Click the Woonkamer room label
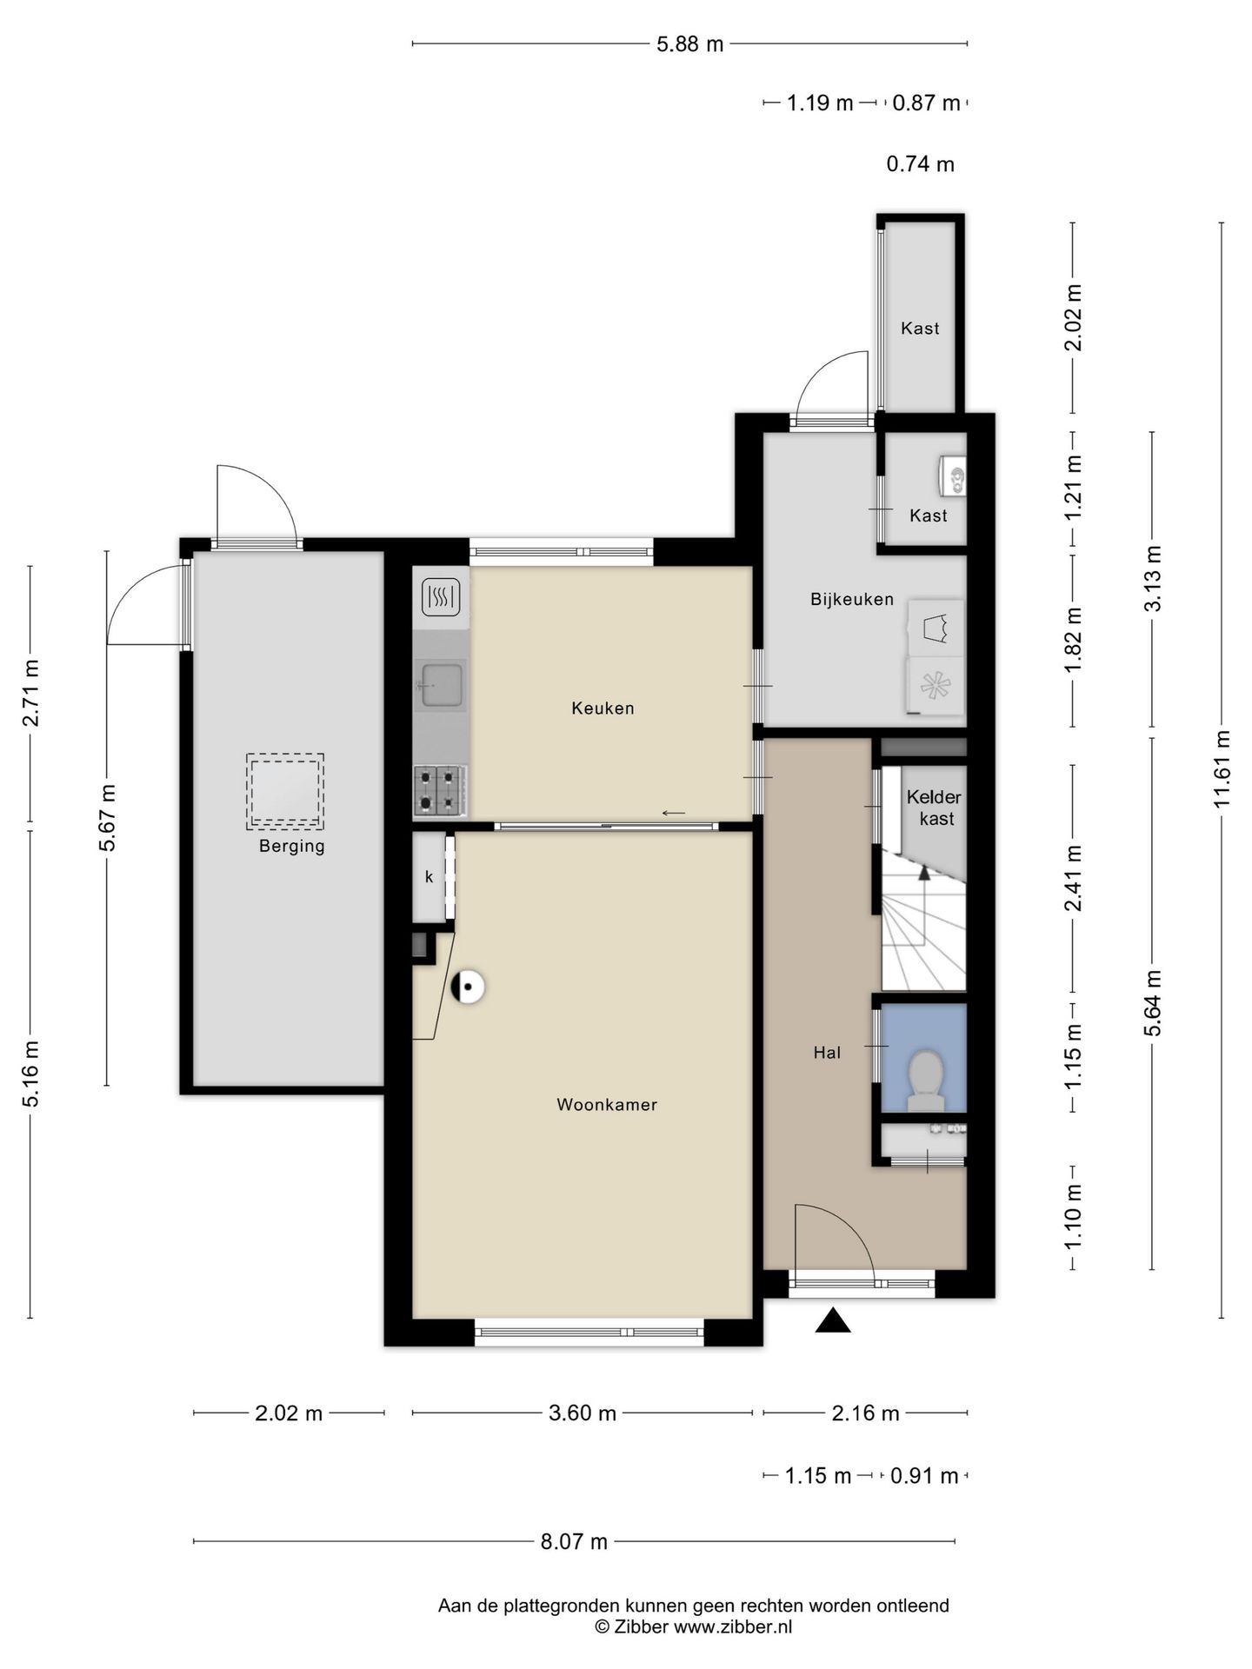(x=606, y=1105)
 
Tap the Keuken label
(x=603, y=708)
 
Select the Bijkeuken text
(x=852, y=599)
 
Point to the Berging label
(x=291, y=847)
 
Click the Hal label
(x=827, y=1053)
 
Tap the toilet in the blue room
(x=925, y=1081)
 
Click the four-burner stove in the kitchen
(x=440, y=790)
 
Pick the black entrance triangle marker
(x=833, y=1320)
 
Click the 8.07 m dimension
(x=574, y=1542)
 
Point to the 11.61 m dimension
(x=1222, y=768)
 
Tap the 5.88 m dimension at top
(x=689, y=43)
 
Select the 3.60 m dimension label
(x=583, y=1413)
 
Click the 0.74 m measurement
(x=920, y=163)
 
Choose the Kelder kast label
(x=935, y=808)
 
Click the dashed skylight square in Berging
(x=285, y=790)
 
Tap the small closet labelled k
(x=430, y=877)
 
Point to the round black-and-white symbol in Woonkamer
(x=468, y=987)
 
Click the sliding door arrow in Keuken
(x=674, y=813)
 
